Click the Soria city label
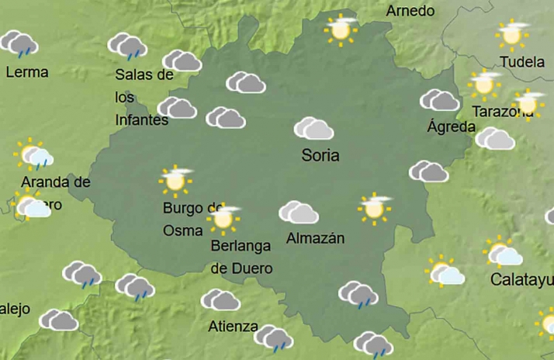320,155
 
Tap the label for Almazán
315,239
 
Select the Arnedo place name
410,11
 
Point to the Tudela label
522,62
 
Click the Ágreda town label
450,126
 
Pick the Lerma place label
26,72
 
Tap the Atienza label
233,327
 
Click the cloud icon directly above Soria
313,128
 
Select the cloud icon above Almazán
299,212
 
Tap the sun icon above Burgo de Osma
175,180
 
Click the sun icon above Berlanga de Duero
224,220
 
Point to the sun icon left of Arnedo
340,29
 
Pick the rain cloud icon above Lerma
20,44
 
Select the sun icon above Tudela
511,34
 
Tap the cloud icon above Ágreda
439,100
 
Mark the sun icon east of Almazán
375,208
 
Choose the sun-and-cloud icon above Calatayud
504,253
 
